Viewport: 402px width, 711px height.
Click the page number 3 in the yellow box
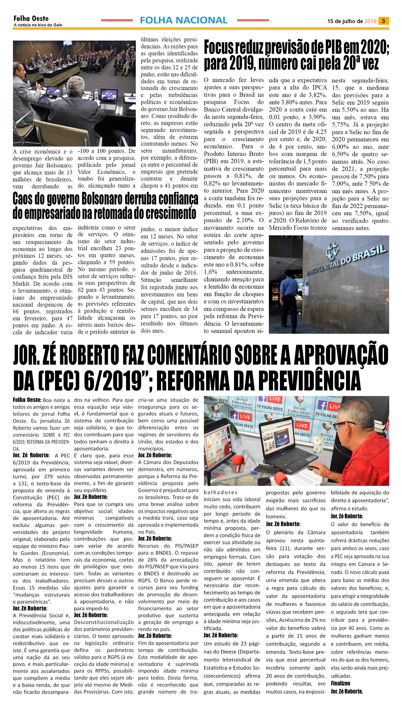383,21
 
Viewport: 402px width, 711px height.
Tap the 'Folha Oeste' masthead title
31,19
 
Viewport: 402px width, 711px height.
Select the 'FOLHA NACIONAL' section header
184,20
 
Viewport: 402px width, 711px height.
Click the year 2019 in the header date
370,21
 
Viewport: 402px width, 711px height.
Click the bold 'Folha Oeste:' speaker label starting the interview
27,400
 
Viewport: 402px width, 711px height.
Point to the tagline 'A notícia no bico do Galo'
38,25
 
